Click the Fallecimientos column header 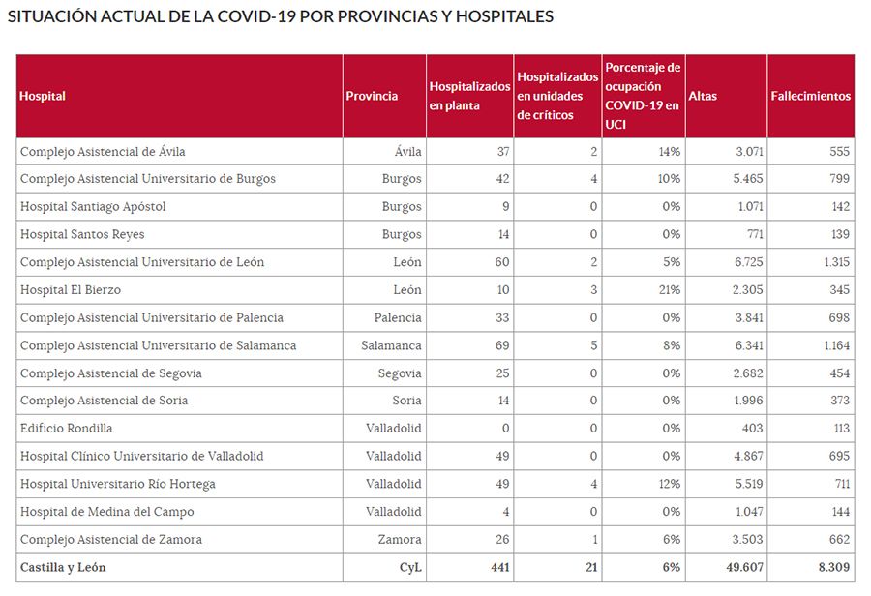pos(810,96)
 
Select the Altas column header pos(703,96)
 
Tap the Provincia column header pos(372,96)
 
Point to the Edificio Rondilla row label pos(66,429)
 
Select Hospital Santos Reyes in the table pos(82,234)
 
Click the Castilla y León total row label pos(63,568)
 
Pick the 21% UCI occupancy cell pos(670,290)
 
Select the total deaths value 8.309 pos(833,568)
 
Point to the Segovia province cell pos(400,373)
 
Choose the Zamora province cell pos(401,540)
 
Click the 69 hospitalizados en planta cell pos(500,345)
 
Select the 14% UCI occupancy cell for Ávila pos(670,152)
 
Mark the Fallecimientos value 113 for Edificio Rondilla pos(839,429)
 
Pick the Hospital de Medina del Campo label pos(106,512)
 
